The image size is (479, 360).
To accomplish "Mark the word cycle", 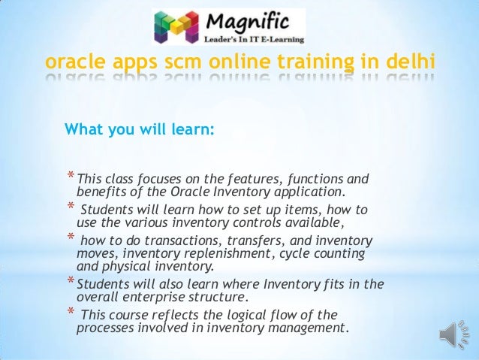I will pyautogui.click(x=291, y=253).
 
